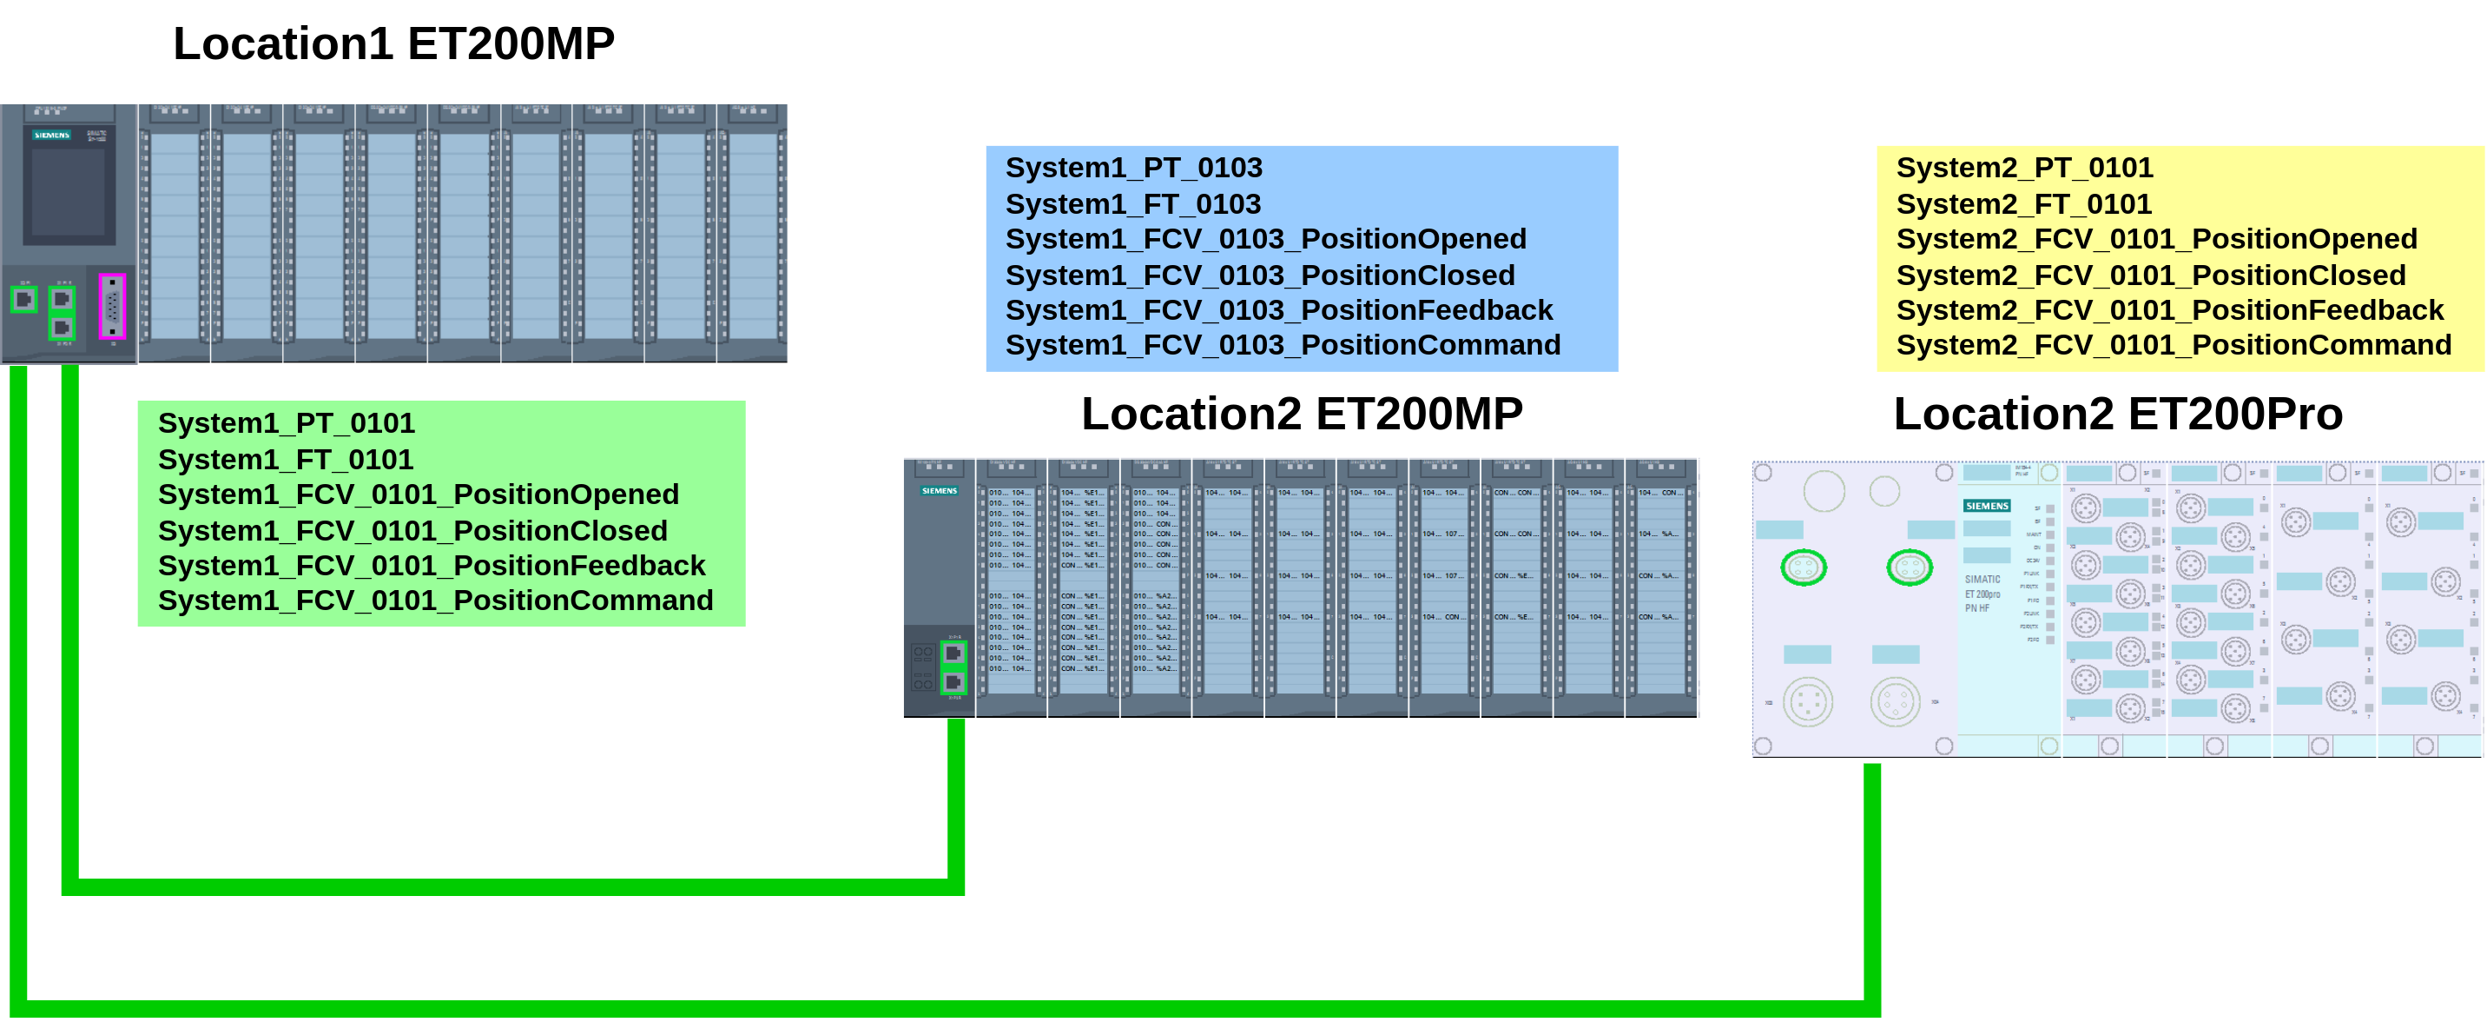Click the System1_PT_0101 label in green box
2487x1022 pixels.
286,423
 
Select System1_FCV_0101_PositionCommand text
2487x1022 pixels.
434,601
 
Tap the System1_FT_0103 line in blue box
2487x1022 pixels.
1132,204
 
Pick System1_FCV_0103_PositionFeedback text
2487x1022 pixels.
1278,310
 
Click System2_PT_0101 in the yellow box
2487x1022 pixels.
2023,168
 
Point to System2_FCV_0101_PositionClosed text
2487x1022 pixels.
2150,275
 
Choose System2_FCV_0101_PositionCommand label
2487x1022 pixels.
2174,345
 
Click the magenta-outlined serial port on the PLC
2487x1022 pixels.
112,306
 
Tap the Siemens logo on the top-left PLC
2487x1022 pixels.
52,136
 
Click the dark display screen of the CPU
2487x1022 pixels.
69,193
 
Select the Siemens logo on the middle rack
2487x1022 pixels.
939,491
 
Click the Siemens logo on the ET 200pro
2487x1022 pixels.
1986,506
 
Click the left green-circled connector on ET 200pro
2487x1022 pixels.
1804,567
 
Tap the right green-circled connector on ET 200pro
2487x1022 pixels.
1909,567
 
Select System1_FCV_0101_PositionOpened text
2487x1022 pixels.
418,494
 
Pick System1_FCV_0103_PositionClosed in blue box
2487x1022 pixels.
1259,275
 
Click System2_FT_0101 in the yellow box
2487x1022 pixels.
2023,204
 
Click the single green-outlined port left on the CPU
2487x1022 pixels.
24,300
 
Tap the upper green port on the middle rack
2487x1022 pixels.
953,654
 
